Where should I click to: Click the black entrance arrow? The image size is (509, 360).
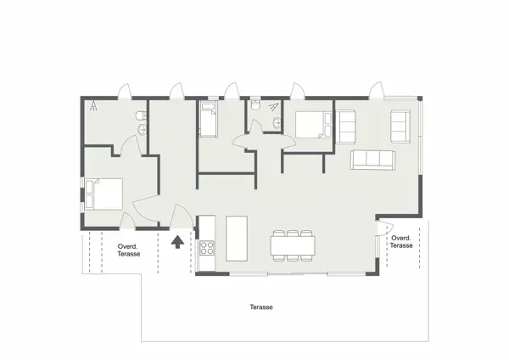pyautogui.click(x=178, y=244)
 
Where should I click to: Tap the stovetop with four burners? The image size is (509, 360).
pyautogui.click(x=207, y=248)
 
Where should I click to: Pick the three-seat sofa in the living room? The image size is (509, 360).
pyautogui.click(x=373, y=159)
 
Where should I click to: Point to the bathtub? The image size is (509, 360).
pyautogui.click(x=209, y=120)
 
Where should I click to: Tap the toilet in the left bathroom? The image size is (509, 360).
pyautogui.click(x=142, y=115)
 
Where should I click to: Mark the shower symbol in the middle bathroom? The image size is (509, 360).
pyautogui.click(x=272, y=107)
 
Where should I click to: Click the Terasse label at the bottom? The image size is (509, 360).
pyautogui.click(x=260, y=307)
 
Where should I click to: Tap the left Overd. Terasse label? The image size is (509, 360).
pyautogui.click(x=128, y=250)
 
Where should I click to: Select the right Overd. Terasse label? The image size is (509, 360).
pyautogui.click(x=401, y=242)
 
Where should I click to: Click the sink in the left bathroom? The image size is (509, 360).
pyautogui.click(x=142, y=129)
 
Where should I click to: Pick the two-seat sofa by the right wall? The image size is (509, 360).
pyautogui.click(x=399, y=127)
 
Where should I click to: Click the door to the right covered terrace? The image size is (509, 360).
pyautogui.click(x=382, y=229)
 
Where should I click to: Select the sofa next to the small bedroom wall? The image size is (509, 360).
pyautogui.click(x=345, y=126)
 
